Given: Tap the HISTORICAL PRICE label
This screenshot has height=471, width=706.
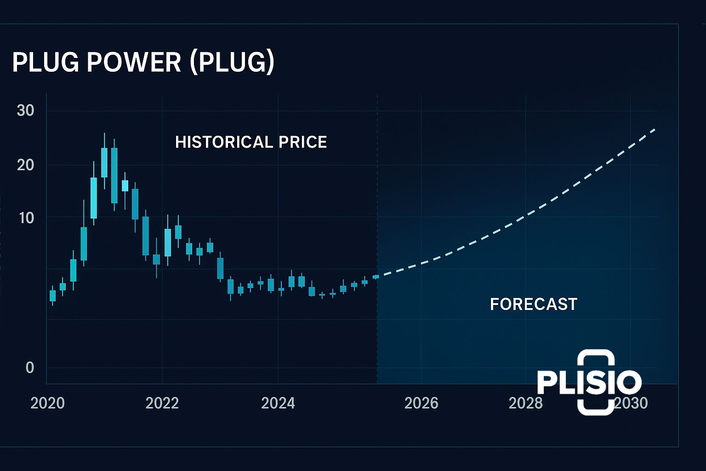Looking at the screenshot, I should click(x=251, y=142).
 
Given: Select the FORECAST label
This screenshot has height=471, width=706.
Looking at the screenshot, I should click(x=533, y=304).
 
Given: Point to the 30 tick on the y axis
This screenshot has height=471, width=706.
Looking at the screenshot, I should click(x=26, y=110).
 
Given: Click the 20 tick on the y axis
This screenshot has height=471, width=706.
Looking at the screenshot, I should click(x=26, y=165).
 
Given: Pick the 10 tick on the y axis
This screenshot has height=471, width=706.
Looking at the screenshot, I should click(x=27, y=218).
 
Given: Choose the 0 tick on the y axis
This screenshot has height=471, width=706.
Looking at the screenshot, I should click(x=30, y=368).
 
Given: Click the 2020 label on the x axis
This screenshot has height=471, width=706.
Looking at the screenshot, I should click(x=47, y=403).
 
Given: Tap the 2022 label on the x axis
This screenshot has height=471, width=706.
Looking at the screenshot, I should click(x=162, y=403).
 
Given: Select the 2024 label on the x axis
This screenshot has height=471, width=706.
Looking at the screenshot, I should click(x=278, y=403).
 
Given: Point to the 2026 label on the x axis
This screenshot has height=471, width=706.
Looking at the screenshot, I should click(x=421, y=403).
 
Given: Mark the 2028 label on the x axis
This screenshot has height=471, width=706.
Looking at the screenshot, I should click(x=525, y=403).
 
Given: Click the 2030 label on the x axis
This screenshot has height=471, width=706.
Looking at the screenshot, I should click(x=632, y=403).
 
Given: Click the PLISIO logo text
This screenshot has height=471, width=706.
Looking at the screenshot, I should click(x=589, y=382).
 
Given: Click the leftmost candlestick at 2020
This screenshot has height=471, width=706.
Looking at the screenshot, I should click(x=52, y=296).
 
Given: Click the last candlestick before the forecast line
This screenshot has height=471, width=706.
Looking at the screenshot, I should click(x=376, y=276).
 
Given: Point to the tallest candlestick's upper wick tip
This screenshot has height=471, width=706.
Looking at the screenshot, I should click(x=104, y=133).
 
